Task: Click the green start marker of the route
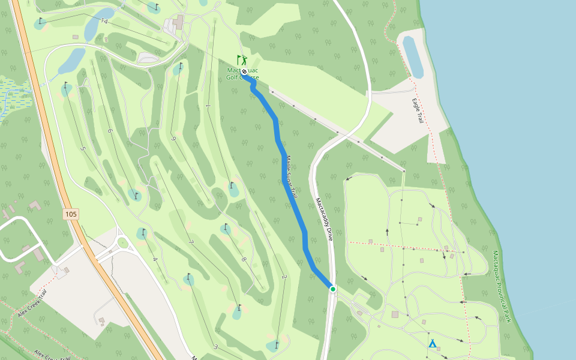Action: point(333,289)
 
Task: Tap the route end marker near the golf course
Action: point(244,71)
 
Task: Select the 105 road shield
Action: point(71,214)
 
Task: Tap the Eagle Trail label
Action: point(418,111)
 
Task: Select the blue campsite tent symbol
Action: point(432,344)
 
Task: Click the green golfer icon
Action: point(242,60)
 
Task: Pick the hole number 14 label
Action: point(104,22)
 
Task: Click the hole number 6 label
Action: point(110,131)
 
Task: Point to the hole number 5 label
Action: point(82,149)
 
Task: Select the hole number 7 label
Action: point(191,242)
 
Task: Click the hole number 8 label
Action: point(244,259)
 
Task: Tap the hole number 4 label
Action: point(154,259)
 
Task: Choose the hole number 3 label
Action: point(215,347)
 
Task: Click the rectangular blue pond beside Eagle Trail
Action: point(413,56)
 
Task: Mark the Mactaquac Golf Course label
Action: point(242,74)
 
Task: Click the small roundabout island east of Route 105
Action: point(123,243)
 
